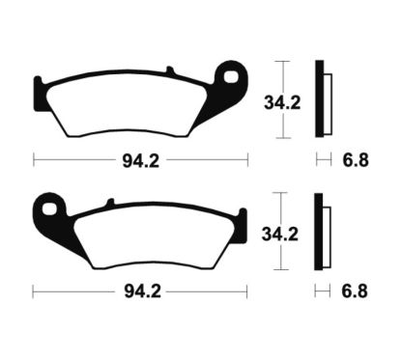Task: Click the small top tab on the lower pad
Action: pyautogui.click(x=112, y=201)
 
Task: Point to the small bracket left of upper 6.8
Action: pyautogui.click(x=322, y=158)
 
